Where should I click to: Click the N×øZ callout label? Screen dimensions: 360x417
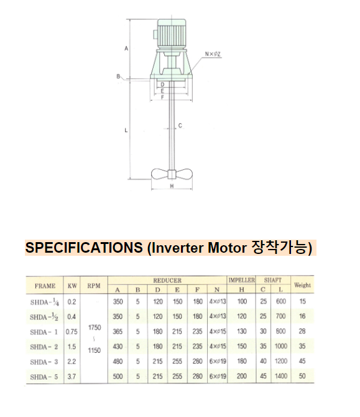click(x=213, y=54)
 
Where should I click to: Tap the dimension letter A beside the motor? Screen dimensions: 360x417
click(x=126, y=49)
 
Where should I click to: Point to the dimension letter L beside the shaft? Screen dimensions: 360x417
click(x=126, y=131)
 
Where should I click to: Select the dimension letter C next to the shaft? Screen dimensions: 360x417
click(x=180, y=126)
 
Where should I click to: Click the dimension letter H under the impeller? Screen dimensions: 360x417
click(x=172, y=186)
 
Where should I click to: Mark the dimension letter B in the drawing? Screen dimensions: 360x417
click(x=118, y=77)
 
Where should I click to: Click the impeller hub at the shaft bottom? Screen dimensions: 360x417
click(x=172, y=174)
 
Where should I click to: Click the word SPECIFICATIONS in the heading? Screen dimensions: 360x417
click(x=84, y=247)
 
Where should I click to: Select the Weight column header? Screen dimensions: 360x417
click(x=302, y=285)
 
